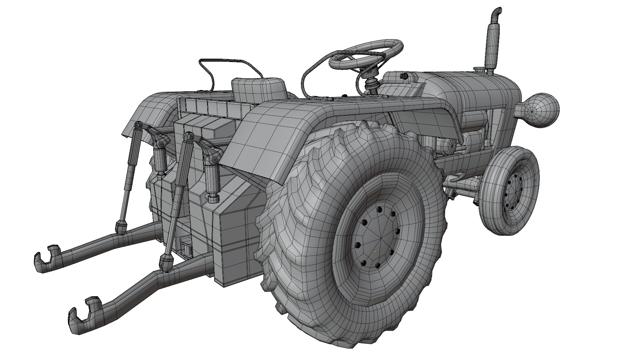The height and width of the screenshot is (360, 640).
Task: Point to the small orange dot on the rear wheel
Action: click(375, 252)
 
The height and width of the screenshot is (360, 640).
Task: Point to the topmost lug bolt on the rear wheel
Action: click(379, 209)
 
